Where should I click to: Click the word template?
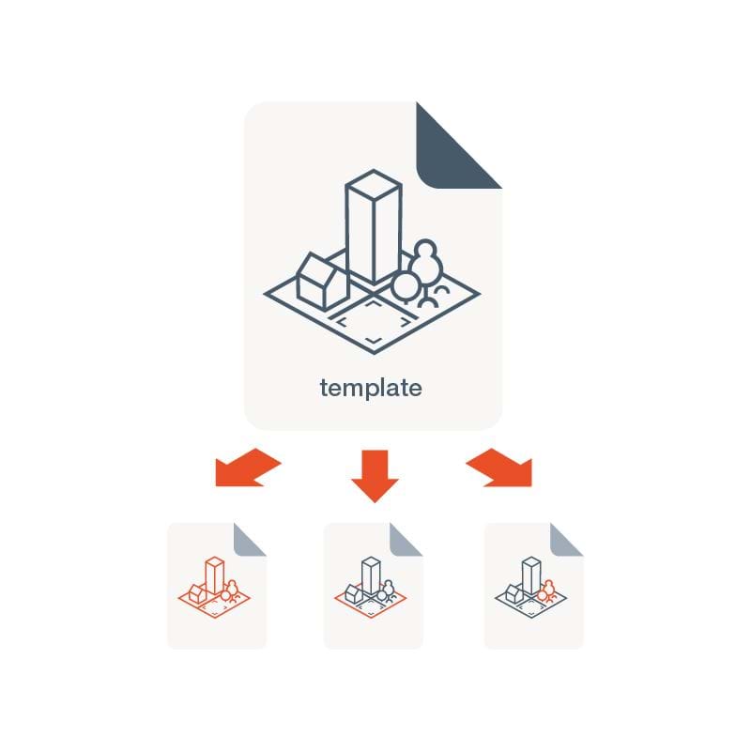(x=371, y=387)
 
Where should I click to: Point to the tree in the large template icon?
(x=420, y=272)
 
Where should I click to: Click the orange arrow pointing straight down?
(x=375, y=474)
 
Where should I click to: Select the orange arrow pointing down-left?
(x=246, y=468)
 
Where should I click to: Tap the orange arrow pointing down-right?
(x=501, y=468)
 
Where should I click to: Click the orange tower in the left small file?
(x=215, y=575)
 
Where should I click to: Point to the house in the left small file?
(x=197, y=592)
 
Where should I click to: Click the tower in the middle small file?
(x=372, y=575)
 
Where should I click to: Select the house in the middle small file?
(x=354, y=592)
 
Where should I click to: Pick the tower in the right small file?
(x=532, y=575)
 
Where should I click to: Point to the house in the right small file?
(x=514, y=592)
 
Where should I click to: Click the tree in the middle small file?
(x=387, y=590)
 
